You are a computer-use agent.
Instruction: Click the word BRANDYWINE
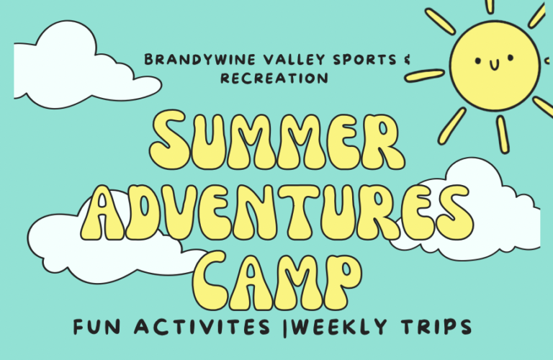click(x=186, y=59)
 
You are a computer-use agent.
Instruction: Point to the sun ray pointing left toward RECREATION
click(x=430, y=74)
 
